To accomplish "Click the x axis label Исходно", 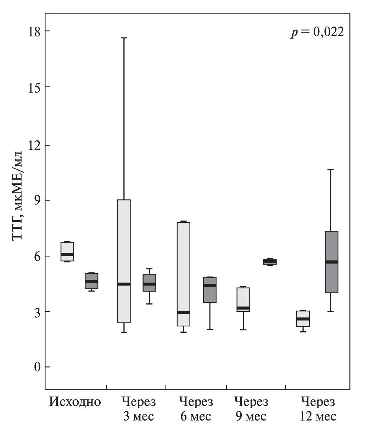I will pyautogui.click(x=75, y=402).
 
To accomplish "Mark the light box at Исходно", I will pyautogui.click(x=67, y=251).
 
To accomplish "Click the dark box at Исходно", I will pyautogui.click(x=91, y=281).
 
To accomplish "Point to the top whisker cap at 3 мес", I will pyautogui.click(x=124, y=38).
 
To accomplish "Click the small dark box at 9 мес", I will pyautogui.click(x=270, y=262).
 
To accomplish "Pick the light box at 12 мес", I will pyautogui.click(x=303, y=319).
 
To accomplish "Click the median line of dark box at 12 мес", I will pyautogui.click(x=332, y=262).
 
